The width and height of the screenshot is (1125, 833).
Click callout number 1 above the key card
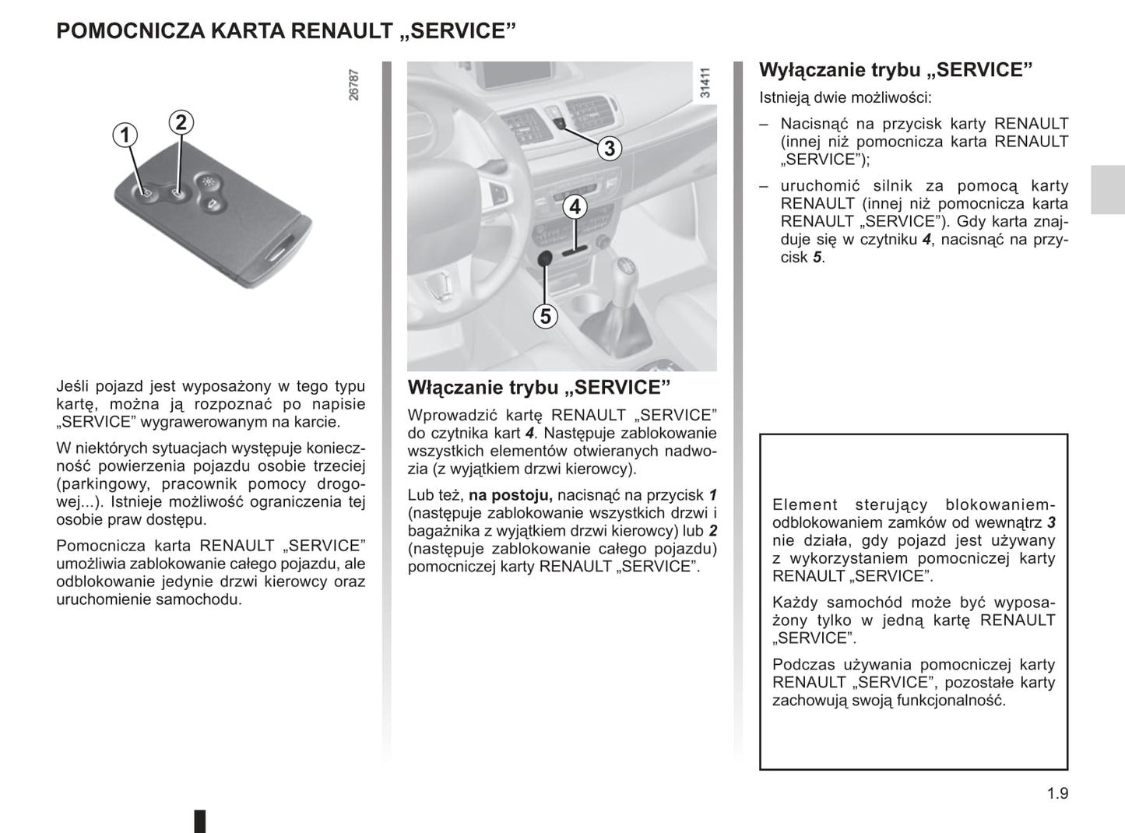click(x=124, y=135)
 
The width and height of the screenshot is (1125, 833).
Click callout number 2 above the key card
click(x=181, y=122)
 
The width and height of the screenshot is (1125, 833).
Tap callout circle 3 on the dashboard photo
click(x=610, y=148)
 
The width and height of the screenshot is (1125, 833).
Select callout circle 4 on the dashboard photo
click(x=575, y=207)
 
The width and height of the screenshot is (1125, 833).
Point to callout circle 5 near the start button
click(x=546, y=316)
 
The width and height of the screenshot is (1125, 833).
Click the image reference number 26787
click(x=354, y=85)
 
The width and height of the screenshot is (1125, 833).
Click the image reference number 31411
click(x=705, y=84)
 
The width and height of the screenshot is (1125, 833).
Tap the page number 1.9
click(x=1057, y=793)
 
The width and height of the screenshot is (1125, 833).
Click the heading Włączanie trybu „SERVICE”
click(x=539, y=388)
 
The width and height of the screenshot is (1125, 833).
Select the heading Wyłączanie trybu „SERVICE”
click(x=895, y=70)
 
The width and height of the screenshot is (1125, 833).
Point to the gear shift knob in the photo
click(x=624, y=276)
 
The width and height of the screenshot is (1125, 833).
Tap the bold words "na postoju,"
click(x=511, y=495)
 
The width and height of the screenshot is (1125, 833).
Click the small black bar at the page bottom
click(x=200, y=821)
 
